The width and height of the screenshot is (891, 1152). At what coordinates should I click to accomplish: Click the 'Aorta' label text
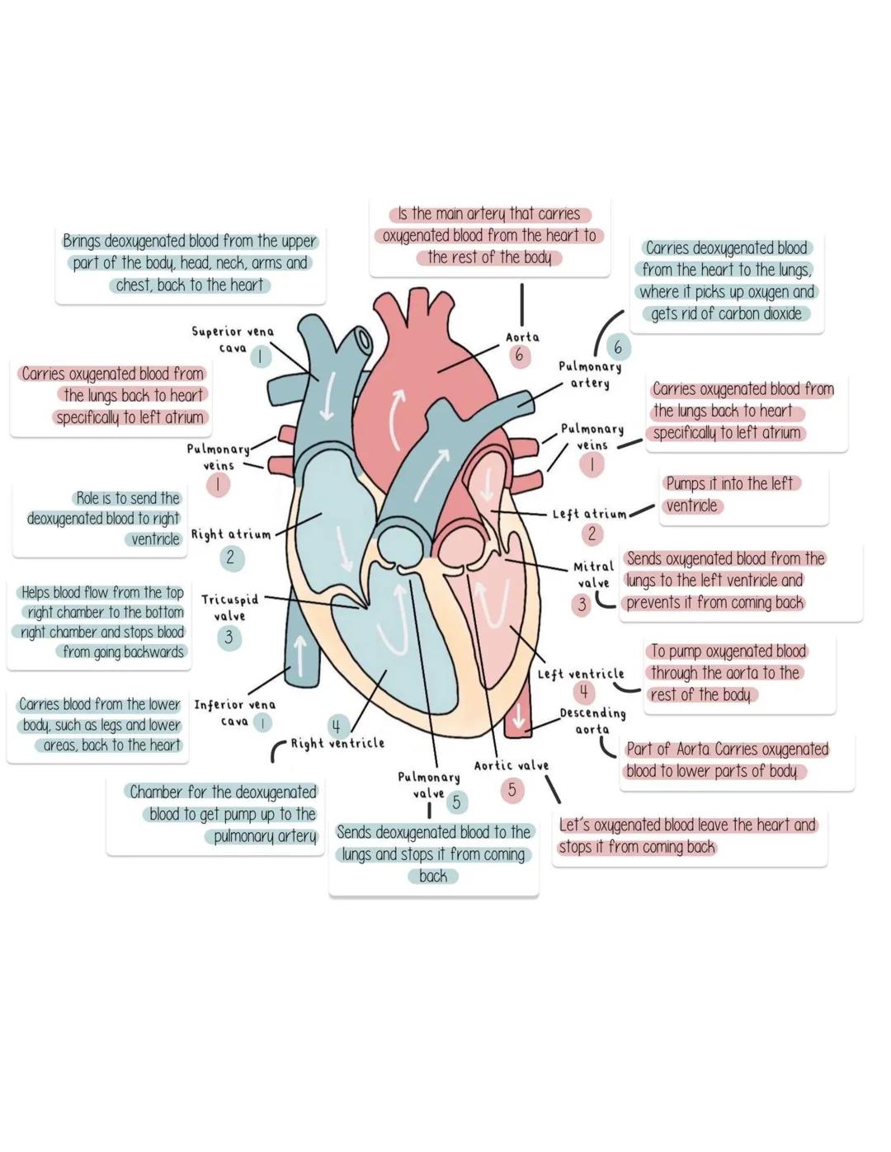click(522, 337)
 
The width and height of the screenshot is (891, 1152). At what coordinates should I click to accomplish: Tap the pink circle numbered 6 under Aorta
click(519, 356)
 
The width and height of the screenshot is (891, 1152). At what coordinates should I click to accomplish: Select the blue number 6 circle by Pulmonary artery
click(617, 347)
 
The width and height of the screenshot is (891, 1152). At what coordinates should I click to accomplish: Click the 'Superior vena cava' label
click(233, 339)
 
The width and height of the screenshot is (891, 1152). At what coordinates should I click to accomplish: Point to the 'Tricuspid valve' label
click(229, 608)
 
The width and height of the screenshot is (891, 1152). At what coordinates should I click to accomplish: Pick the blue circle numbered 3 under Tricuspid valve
click(229, 637)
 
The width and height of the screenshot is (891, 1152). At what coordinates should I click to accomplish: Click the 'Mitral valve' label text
click(593, 574)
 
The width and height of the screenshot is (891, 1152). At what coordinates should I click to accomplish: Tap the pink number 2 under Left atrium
click(592, 534)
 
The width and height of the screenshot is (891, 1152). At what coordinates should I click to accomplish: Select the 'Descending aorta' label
click(592, 721)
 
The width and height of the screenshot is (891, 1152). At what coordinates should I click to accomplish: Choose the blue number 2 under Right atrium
click(230, 558)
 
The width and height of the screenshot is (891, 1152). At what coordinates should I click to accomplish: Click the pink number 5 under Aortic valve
click(511, 790)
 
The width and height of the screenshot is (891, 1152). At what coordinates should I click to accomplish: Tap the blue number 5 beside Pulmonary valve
click(455, 802)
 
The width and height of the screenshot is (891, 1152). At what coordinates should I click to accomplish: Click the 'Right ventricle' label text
click(337, 743)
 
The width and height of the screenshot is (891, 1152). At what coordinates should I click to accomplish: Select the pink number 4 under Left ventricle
click(583, 692)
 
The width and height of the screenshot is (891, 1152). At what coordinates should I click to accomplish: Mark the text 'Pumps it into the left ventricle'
click(729, 495)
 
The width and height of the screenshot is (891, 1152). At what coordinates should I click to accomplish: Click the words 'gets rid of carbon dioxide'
click(726, 313)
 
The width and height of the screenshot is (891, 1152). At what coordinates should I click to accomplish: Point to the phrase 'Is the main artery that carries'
click(489, 214)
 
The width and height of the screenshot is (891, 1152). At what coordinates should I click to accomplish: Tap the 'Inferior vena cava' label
click(234, 712)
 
